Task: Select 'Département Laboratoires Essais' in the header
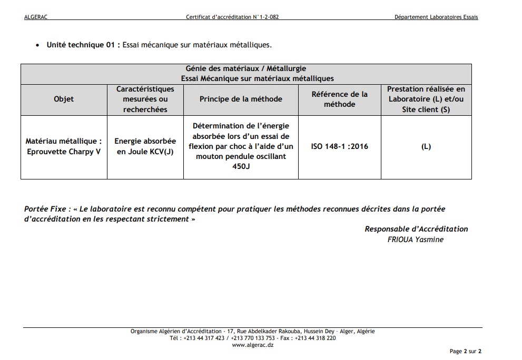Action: click(436, 17)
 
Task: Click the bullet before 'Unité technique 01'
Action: click(37, 45)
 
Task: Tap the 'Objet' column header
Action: click(64, 99)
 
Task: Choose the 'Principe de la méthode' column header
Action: click(241, 99)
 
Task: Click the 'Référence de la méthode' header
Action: click(339, 99)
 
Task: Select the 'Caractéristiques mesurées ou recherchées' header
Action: click(145, 99)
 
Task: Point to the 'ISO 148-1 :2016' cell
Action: click(339, 146)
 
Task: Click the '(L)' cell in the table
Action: click(426, 146)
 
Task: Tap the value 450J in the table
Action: click(241, 166)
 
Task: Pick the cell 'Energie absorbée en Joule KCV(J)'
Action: click(145, 146)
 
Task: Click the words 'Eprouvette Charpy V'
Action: click(64, 152)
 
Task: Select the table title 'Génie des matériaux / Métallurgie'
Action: click(246, 68)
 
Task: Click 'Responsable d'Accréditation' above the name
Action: click(416, 229)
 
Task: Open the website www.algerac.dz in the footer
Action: click(252, 345)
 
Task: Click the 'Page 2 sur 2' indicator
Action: click(465, 351)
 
